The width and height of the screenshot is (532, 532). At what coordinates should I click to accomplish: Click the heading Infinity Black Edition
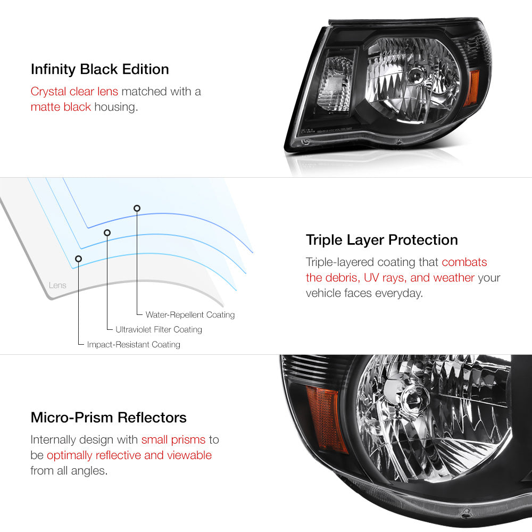100,70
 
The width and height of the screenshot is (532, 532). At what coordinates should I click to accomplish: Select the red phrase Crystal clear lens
74,92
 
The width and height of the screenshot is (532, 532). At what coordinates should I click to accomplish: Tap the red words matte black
61,107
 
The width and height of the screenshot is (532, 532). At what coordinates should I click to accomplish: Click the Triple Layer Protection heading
381,240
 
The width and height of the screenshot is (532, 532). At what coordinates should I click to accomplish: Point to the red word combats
464,262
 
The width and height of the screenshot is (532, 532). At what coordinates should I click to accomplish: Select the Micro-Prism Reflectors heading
109,418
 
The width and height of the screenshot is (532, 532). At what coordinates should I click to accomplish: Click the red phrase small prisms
173,440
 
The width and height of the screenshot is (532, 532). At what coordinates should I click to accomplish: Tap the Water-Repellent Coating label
190,315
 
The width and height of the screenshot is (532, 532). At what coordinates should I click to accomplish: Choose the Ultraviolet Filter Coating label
159,329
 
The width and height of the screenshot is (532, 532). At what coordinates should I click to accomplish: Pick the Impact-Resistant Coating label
134,345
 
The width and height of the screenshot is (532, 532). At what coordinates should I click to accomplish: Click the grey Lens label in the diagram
57,285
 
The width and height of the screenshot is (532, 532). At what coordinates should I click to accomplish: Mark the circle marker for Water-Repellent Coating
137,208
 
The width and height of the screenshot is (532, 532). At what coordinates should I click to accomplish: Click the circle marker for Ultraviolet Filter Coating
107,233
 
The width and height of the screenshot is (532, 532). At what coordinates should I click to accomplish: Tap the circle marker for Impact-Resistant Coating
78,259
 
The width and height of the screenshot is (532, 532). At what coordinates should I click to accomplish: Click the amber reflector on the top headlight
471,88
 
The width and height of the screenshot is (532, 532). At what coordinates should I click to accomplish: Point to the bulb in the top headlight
417,77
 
